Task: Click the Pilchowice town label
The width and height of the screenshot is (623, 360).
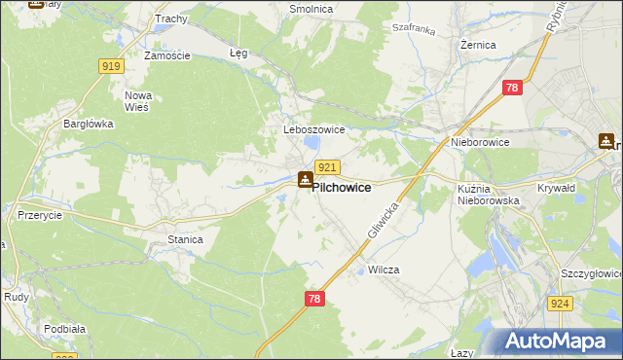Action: click(341, 187)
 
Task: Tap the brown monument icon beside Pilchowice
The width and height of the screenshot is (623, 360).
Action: click(305, 179)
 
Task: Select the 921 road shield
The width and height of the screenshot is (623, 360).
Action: click(327, 167)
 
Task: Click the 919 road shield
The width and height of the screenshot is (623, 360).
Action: click(110, 66)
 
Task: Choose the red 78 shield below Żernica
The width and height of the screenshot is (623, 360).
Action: click(513, 88)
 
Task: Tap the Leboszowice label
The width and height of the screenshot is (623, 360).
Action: click(308, 129)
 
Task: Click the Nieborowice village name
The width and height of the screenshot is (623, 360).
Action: click(480, 142)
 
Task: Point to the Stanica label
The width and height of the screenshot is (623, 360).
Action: click(185, 239)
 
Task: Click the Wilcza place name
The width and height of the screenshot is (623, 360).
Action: click(385, 270)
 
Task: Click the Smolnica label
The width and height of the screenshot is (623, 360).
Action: click(311, 9)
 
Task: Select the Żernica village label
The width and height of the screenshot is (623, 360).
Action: click(478, 45)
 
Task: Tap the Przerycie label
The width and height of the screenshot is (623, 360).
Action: click(41, 216)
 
